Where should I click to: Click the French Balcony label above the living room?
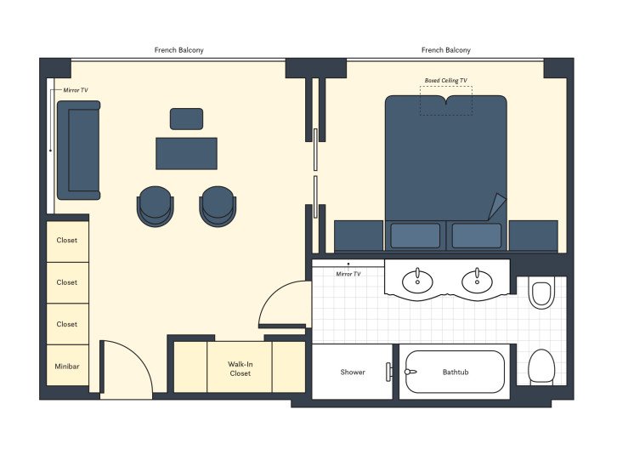[x=178, y=50]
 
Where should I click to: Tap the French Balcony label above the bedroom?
[x=445, y=50]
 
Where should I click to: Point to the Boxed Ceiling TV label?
[x=445, y=81]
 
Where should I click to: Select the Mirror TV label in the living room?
[x=76, y=89]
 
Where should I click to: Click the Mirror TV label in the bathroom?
[x=348, y=274]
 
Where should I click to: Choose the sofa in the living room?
[x=78, y=151]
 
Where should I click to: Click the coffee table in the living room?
[x=186, y=153]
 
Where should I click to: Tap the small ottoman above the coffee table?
[x=186, y=118]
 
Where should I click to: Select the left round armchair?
[x=155, y=206]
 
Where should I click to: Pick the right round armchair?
[x=218, y=206]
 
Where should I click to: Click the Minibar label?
[x=66, y=366]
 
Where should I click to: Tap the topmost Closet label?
[x=66, y=240]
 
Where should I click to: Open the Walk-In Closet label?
[x=240, y=369]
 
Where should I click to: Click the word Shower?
[x=353, y=372]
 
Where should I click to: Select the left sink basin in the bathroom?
[x=417, y=280]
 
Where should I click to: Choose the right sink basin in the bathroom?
[x=477, y=280]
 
